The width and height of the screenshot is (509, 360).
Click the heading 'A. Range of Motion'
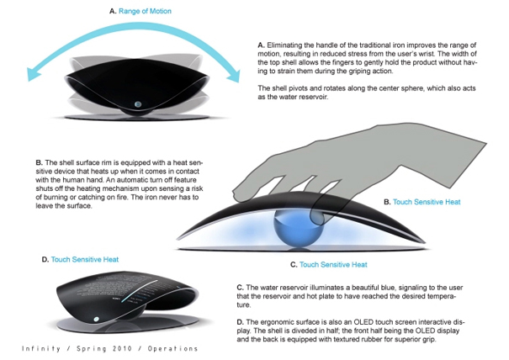click(x=135, y=12)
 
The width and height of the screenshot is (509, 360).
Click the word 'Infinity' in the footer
click(x=40, y=348)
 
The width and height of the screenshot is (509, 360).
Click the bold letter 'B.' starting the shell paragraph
click(x=40, y=161)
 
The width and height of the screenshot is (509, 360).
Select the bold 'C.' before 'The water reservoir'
click(x=241, y=286)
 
